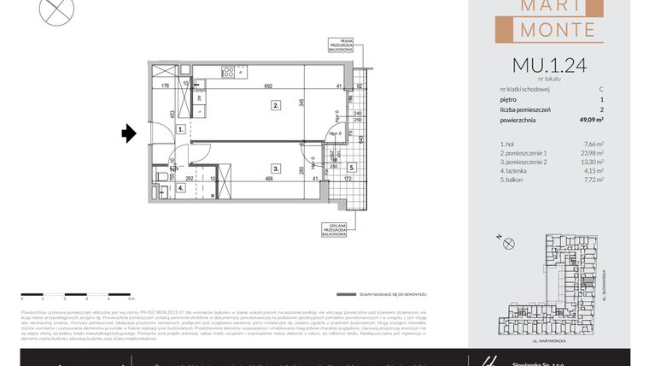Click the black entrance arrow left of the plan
[129, 133]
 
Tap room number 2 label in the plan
[276, 106]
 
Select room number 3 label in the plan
[276, 168]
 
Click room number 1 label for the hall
[180, 129]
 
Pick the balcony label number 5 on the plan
[351, 168]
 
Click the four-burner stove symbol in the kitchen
[228, 70]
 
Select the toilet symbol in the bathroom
[161, 177]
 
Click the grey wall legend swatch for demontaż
[344, 293]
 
